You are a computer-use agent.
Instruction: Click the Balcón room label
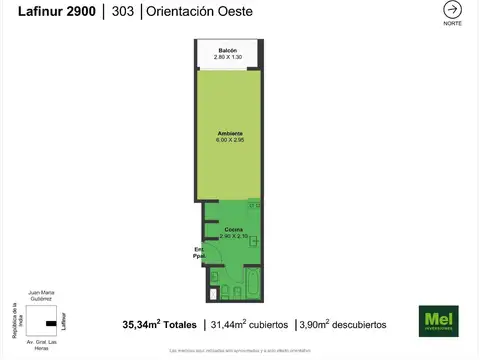coord(228,51)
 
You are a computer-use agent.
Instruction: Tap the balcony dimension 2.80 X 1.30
coord(228,58)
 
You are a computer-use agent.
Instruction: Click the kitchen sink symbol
coord(253,242)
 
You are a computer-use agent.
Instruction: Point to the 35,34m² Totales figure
coord(161,324)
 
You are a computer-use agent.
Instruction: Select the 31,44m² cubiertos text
coord(250,324)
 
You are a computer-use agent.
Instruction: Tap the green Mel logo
coord(437,321)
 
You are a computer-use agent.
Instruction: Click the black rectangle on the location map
coord(47,324)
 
